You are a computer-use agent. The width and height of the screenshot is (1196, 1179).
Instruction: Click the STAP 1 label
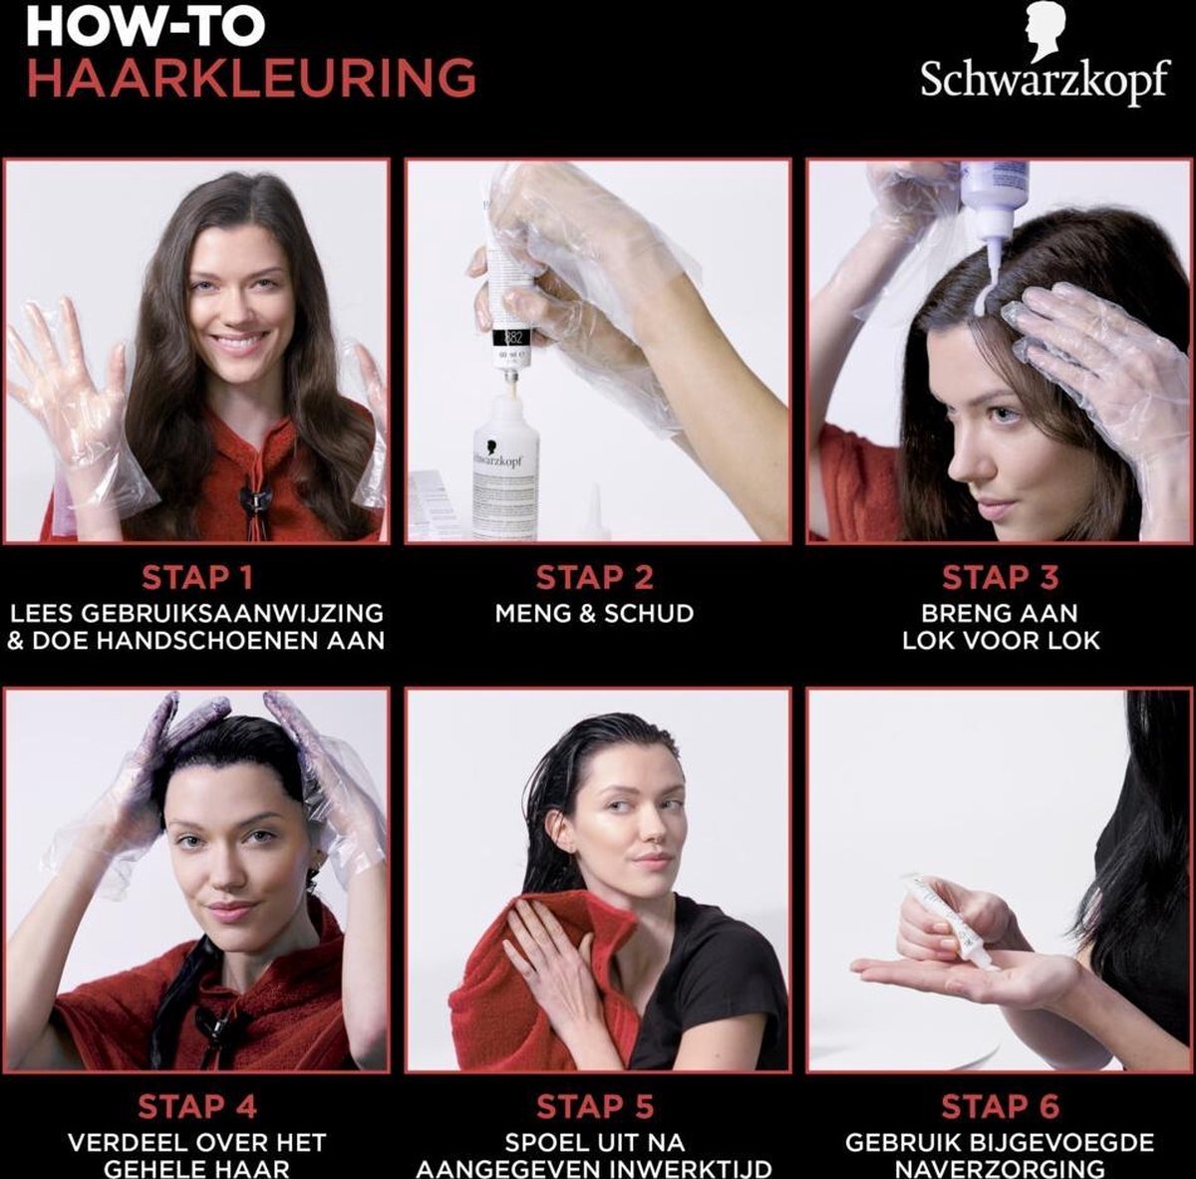coord(196,578)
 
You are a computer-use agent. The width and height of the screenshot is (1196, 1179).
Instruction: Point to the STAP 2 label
coord(595,578)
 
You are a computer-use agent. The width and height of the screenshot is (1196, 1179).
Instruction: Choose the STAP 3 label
coord(1000,578)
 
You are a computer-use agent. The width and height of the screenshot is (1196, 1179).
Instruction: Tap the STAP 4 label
coord(196,1106)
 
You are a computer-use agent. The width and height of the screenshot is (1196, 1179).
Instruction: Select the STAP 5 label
coord(595,1106)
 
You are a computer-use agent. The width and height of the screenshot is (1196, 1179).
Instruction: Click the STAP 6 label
coord(1000,1106)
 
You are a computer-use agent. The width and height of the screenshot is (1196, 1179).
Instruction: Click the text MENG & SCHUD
coord(595,613)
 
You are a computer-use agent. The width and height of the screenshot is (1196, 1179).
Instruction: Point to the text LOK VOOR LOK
coord(1000,640)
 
